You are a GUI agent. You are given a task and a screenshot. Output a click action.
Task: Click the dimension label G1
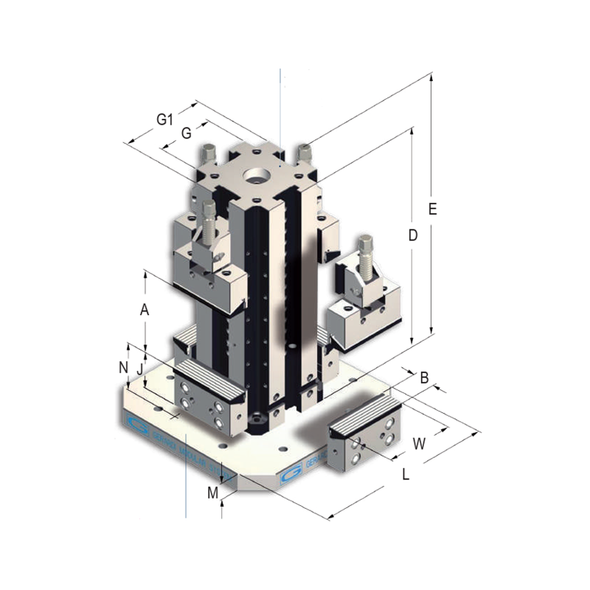coord(164,119)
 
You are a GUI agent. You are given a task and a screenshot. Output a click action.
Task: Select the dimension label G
coord(187,133)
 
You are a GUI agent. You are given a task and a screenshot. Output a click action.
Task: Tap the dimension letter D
coord(413,235)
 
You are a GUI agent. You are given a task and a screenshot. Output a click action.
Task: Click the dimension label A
coord(145,310)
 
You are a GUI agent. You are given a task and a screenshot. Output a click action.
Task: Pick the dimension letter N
coord(123,367)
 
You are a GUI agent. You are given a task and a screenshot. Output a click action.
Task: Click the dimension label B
coord(424,378)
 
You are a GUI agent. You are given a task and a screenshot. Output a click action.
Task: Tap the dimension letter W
coord(419,443)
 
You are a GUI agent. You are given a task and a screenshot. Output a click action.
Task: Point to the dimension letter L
coord(406,476)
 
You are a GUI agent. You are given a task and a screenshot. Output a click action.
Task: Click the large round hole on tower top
coord(257,176)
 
